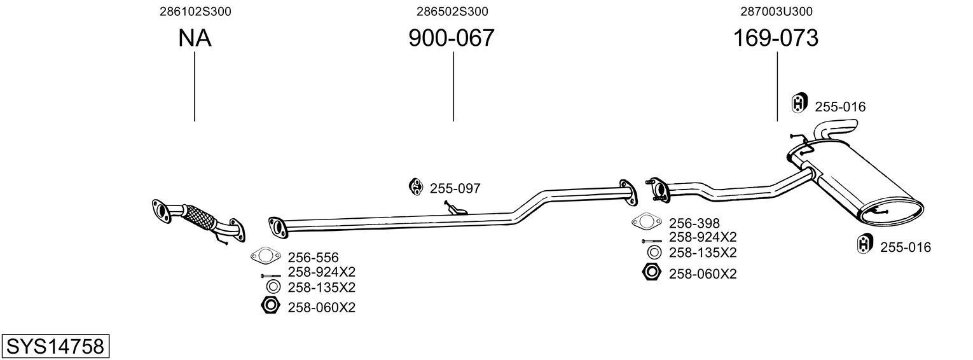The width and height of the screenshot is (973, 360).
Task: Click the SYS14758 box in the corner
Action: tap(55, 347)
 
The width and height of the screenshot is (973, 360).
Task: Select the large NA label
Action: tap(195, 39)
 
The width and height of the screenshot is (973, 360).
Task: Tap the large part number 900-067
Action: tap(452, 39)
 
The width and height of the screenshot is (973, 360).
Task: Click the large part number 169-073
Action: tap(776, 39)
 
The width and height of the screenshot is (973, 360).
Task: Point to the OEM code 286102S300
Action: tap(195, 11)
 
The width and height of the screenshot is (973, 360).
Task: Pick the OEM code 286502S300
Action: tap(452, 11)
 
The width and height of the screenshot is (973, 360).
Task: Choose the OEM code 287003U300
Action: tap(776, 11)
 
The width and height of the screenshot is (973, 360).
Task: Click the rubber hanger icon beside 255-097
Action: tap(417, 187)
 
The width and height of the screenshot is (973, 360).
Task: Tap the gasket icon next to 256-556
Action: tap(266, 256)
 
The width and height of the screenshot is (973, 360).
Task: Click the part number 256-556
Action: tap(313, 258)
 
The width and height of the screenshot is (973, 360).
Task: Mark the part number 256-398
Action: tap(694, 223)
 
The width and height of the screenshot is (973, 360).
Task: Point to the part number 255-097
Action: tap(455, 188)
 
